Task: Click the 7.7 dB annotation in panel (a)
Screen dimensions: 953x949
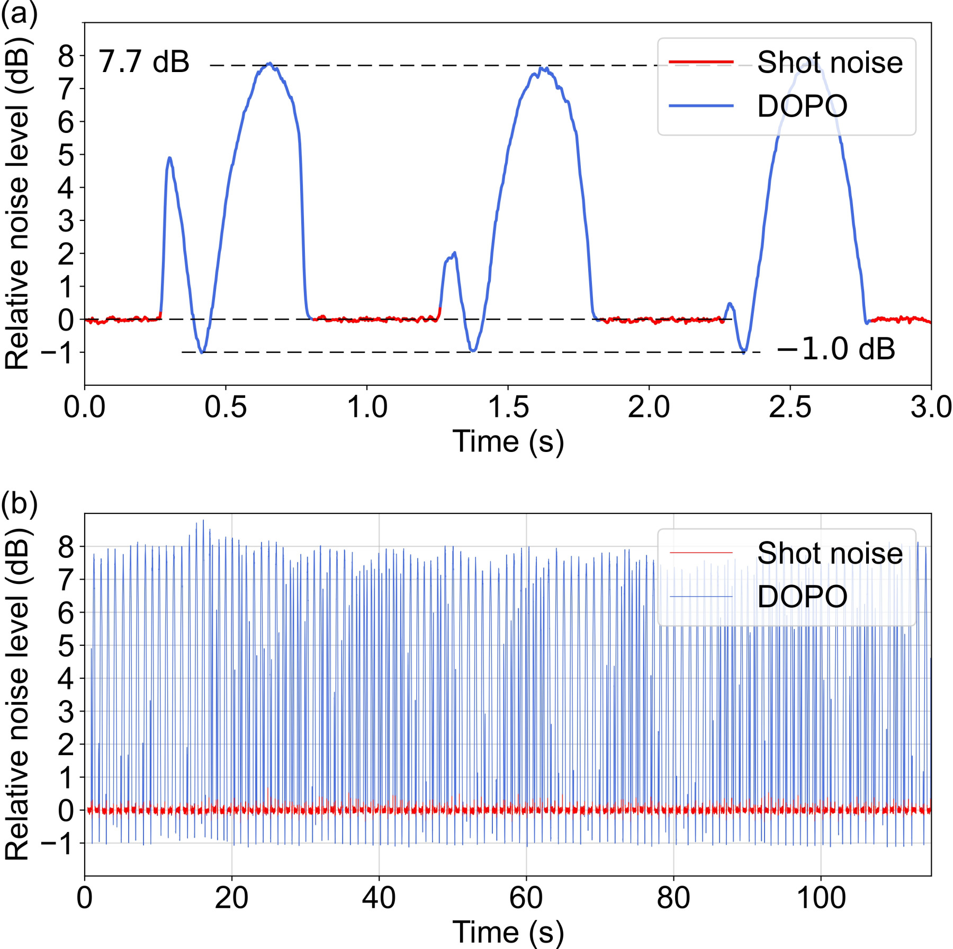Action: pyautogui.click(x=144, y=61)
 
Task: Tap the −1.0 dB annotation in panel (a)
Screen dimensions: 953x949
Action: pyautogui.click(x=836, y=349)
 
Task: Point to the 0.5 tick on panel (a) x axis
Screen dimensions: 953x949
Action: pyautogui.click(x=226, y=407)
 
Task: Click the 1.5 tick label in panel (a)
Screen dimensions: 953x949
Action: pyautogui.click(x=508, y=407)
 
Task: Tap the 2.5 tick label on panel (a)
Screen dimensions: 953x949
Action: pyautogui.click(x=790, y=407)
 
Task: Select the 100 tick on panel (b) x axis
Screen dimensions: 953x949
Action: pyautogui.click(x=821, y=898)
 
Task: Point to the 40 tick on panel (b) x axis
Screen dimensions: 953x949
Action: pyautogui.click(x=379, y=898)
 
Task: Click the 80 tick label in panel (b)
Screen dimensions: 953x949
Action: pyautogui.click(x=673, y=898)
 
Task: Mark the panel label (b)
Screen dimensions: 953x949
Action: pyautogui.click(x=19, y=504)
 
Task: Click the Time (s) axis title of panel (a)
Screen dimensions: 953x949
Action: pyautogui.click(x=508, y=441)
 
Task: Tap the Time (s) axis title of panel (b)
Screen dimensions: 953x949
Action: pyautogui.click(x=508, y=932)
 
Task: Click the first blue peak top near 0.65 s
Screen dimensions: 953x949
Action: pyautogui.click(x=269, y=63)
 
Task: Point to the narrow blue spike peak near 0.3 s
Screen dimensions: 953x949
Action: pyautogui.click(x=169, y=157)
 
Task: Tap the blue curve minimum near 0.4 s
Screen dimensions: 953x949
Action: pyautogui.click(x=202, y=352)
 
